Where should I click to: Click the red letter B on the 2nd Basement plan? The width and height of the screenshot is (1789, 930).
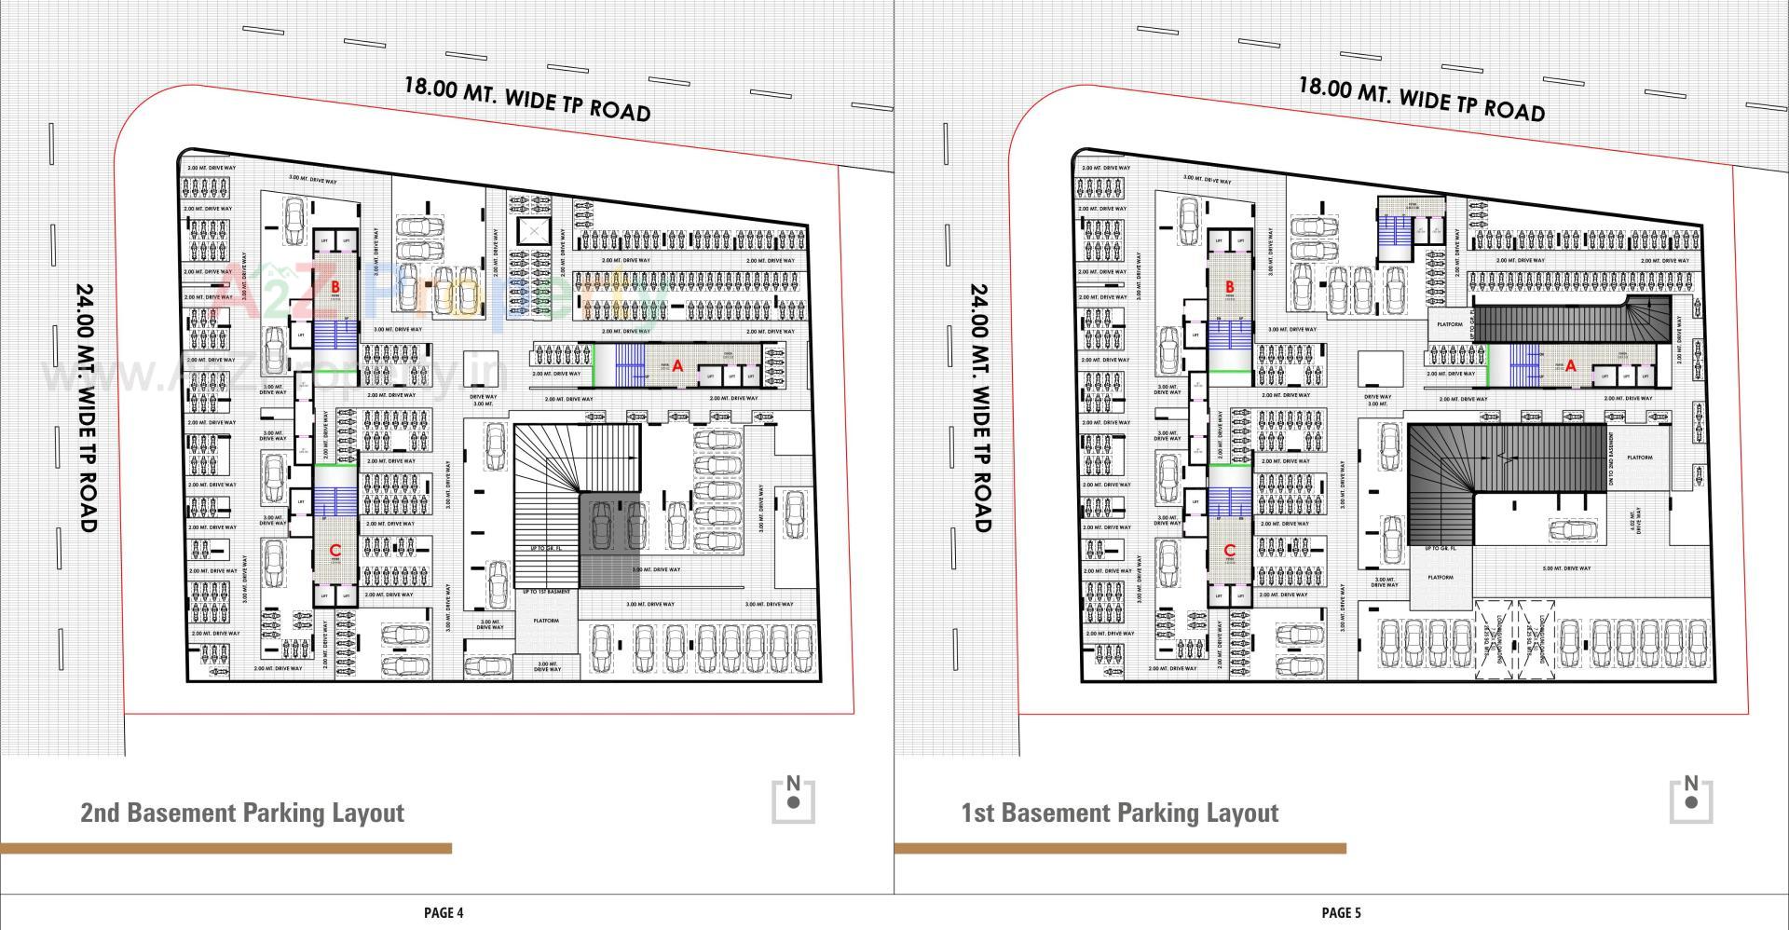tap(335, 287)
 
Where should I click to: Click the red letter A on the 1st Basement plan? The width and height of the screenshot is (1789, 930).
tap(1571, 366)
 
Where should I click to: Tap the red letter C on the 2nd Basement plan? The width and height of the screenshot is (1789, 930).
tap(335, 551)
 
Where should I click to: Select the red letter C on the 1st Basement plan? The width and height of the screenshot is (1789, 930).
tap(1229, 551)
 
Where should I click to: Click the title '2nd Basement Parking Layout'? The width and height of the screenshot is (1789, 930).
tap(242, 813)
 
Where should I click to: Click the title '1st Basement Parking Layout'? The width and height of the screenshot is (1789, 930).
tap(1119, 813)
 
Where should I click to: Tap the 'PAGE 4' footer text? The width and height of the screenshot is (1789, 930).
tap(444, 912)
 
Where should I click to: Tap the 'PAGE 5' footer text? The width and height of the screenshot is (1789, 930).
tap(1341, 912)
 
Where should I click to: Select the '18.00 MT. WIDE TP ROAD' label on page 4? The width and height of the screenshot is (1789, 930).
tap(526, 99)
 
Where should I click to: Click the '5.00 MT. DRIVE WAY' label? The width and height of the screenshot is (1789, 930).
tap(1566, 568)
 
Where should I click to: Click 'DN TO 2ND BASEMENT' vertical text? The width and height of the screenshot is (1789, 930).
tap(1611, 460)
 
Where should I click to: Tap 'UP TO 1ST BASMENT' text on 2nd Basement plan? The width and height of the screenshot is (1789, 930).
tap(546, 592)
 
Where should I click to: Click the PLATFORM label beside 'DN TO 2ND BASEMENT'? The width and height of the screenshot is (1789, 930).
tap(1640, 458)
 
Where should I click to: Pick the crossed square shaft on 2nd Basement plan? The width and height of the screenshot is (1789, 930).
tap(534, 232)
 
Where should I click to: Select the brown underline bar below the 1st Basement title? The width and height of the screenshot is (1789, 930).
tap(1119, 848)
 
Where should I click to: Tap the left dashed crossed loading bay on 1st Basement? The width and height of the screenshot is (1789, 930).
tap(1494, 638)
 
